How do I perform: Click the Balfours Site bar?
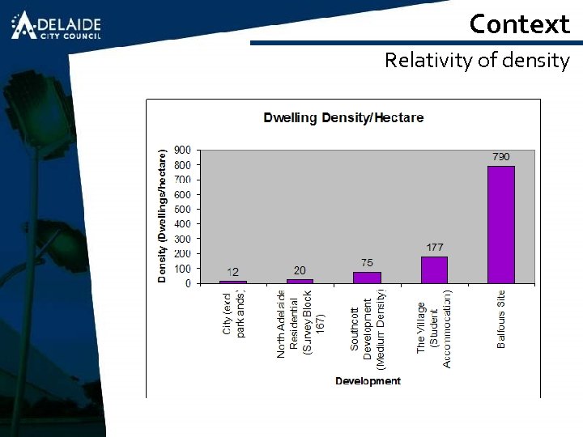click(x=500, y=224)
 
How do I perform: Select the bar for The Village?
click(x=434, y=269)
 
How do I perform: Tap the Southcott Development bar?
click(x=367, y=277)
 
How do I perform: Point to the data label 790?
click(x=500, y=156)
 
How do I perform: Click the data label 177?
click(x=435, y=247)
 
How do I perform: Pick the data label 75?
click(x=367, y=262)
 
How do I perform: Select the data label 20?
click(x=300, y=270)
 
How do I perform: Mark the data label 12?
click(x=232, y=272)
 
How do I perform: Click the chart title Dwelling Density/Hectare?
click(x=343, y=118)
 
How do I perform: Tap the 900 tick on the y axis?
click(x=183, y=150)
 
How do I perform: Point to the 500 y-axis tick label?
click(x=183, y=210)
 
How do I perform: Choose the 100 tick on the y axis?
click(x=183, y=269)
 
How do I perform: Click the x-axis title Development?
click(x=368, y=381)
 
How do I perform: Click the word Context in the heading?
click(x=520, y=24)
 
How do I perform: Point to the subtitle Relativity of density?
click(x=477, y=61)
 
